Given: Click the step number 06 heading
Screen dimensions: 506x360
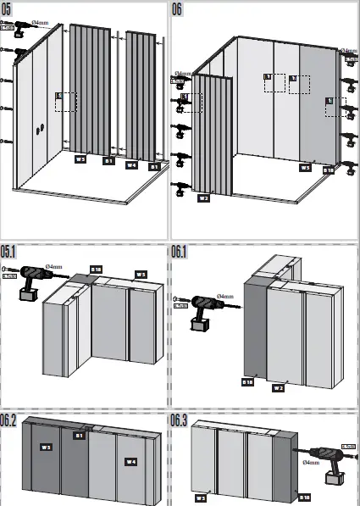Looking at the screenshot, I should point(178,9).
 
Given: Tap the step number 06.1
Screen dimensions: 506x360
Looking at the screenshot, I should point(181,252).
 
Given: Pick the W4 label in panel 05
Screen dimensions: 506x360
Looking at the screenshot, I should point(131,165).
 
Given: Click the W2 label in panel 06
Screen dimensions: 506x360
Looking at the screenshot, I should point(203,198).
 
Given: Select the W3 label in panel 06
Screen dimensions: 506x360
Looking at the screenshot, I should point(305,168).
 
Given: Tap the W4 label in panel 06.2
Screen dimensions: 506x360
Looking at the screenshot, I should point(130,461).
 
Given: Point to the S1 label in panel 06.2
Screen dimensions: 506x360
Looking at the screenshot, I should point(78,436).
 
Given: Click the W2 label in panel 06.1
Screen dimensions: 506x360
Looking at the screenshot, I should point(277,388).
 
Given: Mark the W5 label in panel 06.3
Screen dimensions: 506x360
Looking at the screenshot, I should point(201,498).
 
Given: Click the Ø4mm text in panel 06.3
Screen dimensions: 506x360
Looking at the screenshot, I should point(311,464).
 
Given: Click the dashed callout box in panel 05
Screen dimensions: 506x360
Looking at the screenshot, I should point(66,102).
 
